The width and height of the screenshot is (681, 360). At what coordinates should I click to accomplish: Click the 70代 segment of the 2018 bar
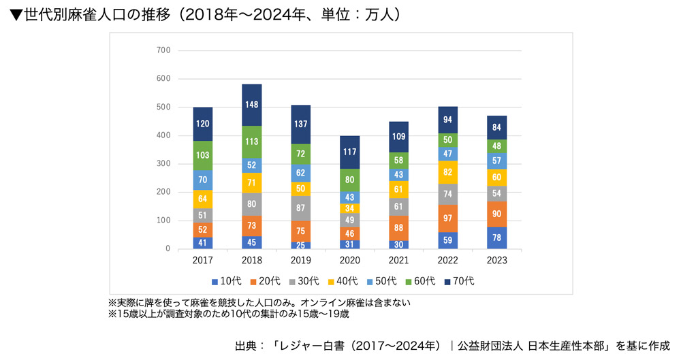(x=252, y=105)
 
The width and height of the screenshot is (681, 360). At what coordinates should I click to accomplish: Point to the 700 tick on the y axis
(x=163, y=50)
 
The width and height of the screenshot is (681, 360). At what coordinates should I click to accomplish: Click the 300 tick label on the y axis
(x=163, y=164)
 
